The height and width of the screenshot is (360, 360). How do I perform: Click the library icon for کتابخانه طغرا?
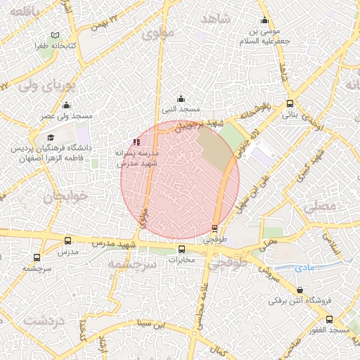[55, 35]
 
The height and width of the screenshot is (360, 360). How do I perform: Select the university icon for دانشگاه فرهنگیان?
[51, 138]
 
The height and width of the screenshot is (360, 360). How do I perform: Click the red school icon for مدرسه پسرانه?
[136, 142]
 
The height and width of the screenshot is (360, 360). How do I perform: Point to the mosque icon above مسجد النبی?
[181, 98]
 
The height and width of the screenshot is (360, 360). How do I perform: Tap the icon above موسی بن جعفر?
[264, 20]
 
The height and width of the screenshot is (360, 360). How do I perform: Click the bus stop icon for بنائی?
[290, 104]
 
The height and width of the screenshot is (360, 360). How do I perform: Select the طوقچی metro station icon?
[214, 228]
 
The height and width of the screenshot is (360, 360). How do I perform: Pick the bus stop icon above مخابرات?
[182, 249]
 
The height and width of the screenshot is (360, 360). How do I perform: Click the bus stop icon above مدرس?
[67, 240]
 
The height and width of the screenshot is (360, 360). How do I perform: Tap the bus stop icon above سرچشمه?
[37, 258]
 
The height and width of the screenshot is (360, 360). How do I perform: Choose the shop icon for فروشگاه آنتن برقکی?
[300, 290]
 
